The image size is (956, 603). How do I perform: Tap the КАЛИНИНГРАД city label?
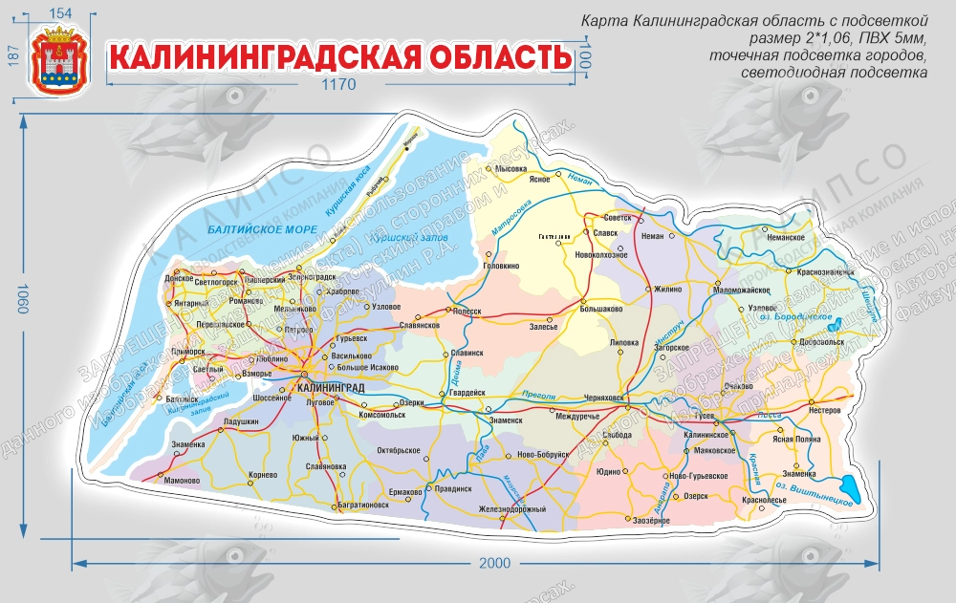332,387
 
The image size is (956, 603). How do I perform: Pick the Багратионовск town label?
363,505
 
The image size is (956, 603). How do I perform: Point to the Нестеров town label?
824,410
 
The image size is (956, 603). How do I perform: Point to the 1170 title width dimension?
337,85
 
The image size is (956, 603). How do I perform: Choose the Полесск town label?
467,311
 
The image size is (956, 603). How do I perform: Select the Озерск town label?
696,496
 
